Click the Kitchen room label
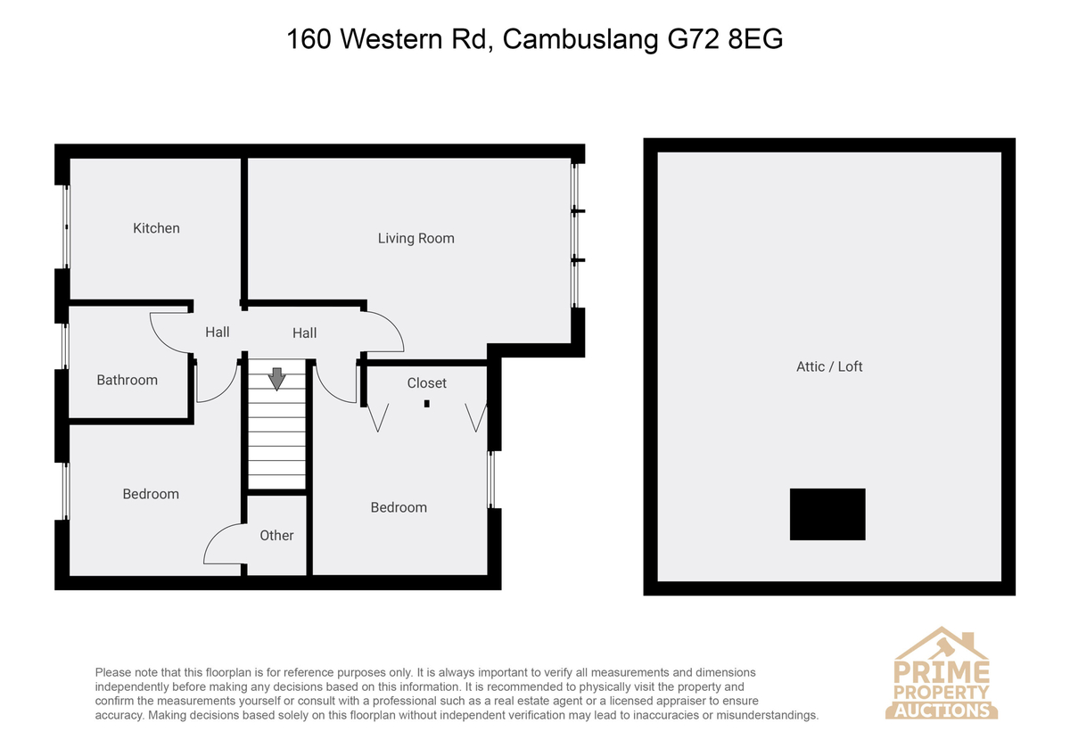(x=156, y=228)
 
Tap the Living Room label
(x=416, y=238)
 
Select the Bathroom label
(x=127, y=380)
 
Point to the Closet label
(x=426, y=383)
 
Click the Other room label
(x=276, y=536)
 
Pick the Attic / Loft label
(x=829, y=366)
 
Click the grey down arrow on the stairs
(x=277, y=379)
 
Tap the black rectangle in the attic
(x=827, y=514)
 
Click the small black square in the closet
(x=426, y=404)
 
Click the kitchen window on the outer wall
(x=66, y=226)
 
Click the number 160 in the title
(x=309, y=39)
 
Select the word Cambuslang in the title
(x=580, y=39)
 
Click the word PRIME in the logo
(x=942, y=671)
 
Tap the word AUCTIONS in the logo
(x=942, y=711)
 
